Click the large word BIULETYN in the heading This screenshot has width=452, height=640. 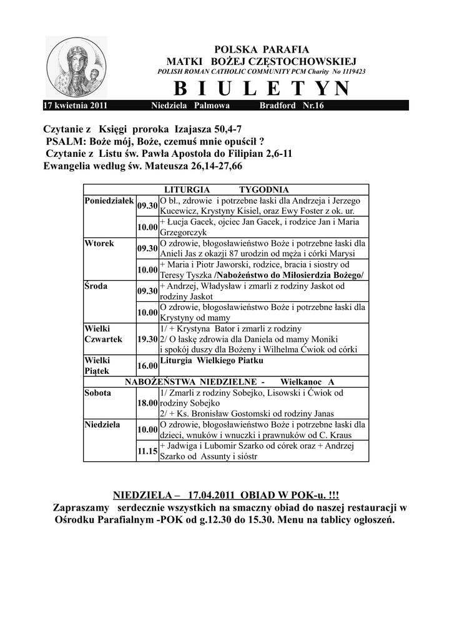(x=261, y=89)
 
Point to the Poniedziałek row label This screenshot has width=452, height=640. (x=109, y=200)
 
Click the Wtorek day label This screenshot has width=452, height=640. (x=99, y=243)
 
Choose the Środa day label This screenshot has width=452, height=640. (x=97, y=286)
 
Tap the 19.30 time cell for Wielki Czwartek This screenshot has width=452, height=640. (x=147, y=339)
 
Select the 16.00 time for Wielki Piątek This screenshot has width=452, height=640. (x=147, y=366)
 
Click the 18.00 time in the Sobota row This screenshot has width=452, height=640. (x=147, y=403)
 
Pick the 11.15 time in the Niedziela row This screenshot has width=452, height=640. (x=147, y=451)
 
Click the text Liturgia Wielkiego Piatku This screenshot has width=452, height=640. (x=212, y=361)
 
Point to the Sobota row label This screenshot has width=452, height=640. (x=98, y=393)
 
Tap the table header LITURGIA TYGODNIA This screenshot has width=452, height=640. (x=226, y=189)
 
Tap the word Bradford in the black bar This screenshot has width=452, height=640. (x=278, y=106)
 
